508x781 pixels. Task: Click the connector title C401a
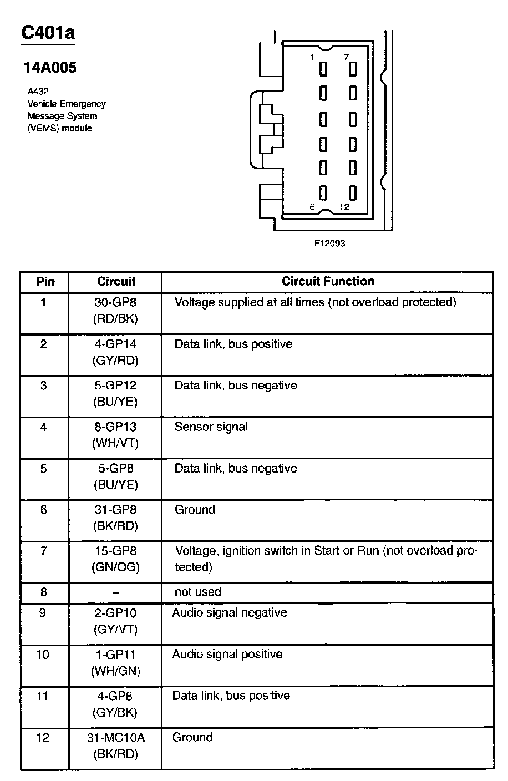tap(48, 33)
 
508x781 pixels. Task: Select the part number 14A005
tap(50, 68)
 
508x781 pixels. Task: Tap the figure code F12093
tap(329, 243)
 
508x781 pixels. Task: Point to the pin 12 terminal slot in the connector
tap(352, 192)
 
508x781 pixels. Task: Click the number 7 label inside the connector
tap(346, 57)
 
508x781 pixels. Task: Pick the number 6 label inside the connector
tap(312, 206)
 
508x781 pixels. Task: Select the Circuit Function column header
tap(328, 281)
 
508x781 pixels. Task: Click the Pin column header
tap(45, 282)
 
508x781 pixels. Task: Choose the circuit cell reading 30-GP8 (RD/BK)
tap(115, 311)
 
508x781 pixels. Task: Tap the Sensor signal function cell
tap(211, 427)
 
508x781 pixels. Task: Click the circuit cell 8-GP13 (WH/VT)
tap(115, 435)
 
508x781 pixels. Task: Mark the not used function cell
tap(197, 591)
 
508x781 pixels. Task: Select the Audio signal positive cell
tap(227, 654)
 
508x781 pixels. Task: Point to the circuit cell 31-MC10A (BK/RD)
tap(115, 745)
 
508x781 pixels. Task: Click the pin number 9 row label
tap(44, 613)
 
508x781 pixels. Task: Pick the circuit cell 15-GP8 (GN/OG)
tap(115, 559)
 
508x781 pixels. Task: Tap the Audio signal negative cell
tap(230, 612)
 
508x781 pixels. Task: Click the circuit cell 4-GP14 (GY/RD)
tap(115, 352)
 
